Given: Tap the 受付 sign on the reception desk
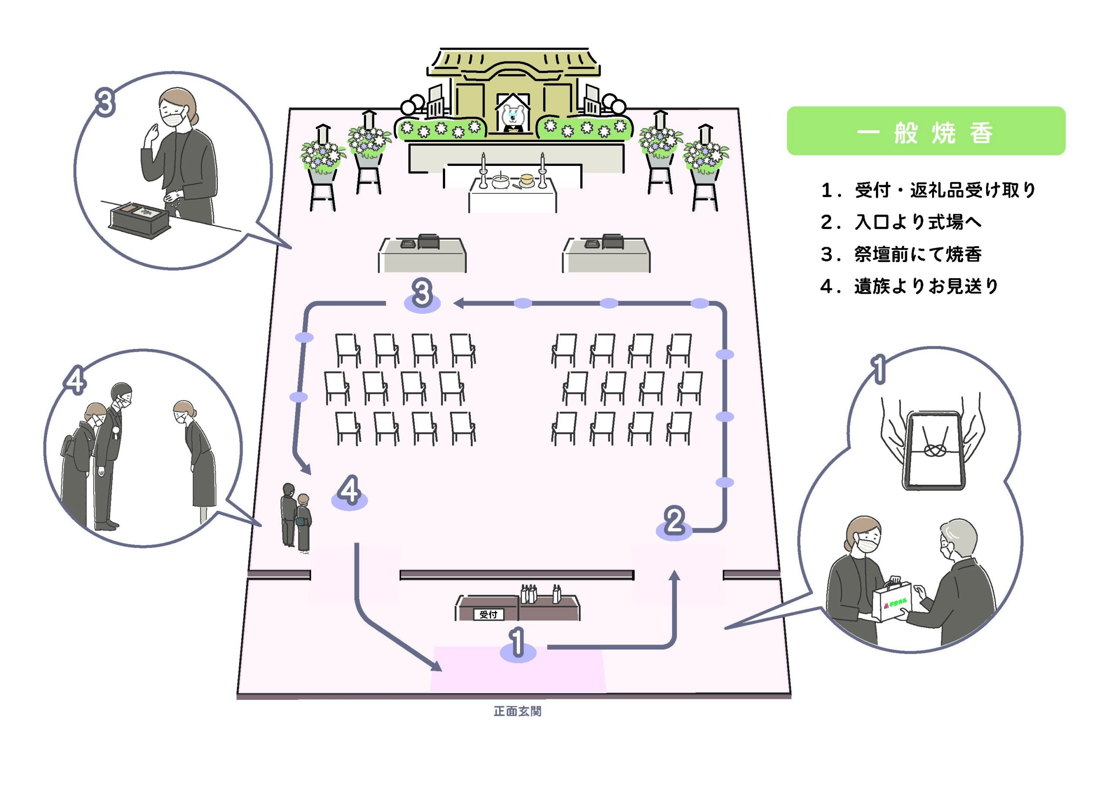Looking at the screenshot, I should pos(488,614).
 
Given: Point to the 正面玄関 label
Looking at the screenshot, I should pos(517,711).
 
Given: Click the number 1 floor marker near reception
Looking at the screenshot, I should pos(518,644).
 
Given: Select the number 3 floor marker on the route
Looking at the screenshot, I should pos(422,295).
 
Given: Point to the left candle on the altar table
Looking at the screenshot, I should pos(483,171).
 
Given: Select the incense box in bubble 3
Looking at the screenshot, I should pos(139,220).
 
